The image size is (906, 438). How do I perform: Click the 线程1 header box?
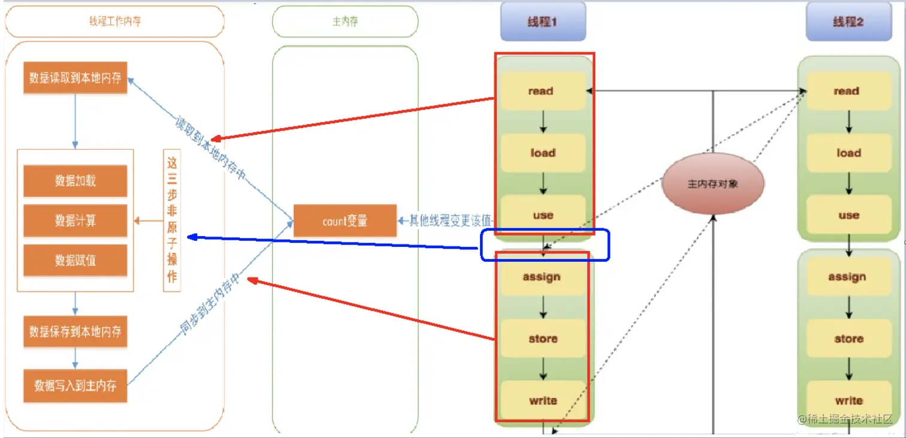542,22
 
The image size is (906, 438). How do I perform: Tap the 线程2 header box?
847,22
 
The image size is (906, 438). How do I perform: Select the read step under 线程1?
542,91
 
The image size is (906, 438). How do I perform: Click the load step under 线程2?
848,153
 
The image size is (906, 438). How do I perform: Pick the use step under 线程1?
542,215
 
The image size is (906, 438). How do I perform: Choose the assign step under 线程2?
847,277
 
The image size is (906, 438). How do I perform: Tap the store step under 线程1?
542,339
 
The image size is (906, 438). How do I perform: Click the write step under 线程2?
848,400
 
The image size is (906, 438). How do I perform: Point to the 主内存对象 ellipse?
712,184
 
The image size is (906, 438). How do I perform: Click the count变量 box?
345,221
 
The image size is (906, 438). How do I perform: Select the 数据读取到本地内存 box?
75,78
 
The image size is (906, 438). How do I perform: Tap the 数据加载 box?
75,181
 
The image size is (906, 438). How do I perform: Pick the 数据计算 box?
75,220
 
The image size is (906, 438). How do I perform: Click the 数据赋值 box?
75,260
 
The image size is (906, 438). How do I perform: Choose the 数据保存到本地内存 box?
75,331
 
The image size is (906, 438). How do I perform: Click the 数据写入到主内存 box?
75,385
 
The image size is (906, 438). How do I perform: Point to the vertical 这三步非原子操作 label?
172,220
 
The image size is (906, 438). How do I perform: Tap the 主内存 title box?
345,22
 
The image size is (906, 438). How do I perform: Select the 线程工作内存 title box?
114,22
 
